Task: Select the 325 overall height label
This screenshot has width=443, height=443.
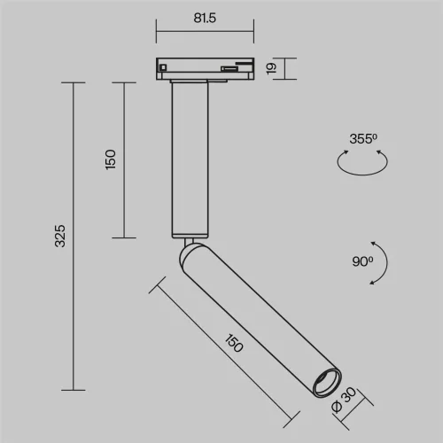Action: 58,236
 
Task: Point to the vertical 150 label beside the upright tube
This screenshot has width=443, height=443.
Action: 110,159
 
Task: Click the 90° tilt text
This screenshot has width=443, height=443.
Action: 361,262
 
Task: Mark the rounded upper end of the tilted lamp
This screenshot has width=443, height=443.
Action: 190,257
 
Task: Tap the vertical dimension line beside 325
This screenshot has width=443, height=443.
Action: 72,236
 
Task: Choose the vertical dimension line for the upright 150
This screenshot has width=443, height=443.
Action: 123,159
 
